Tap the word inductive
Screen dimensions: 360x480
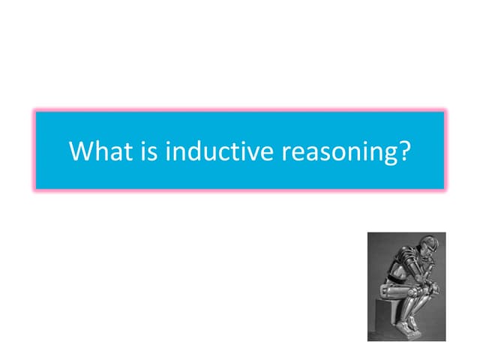pyautogui.click(x=219, y=151)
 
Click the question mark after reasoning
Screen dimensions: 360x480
pyautogui.click(x=405, y=151)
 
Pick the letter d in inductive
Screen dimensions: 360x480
pyautogui.click(x=195, y=151)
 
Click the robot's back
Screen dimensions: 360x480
pyautogui.click(x=393, y=262)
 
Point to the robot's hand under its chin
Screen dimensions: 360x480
pyautogui.click(x=424, y=264)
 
